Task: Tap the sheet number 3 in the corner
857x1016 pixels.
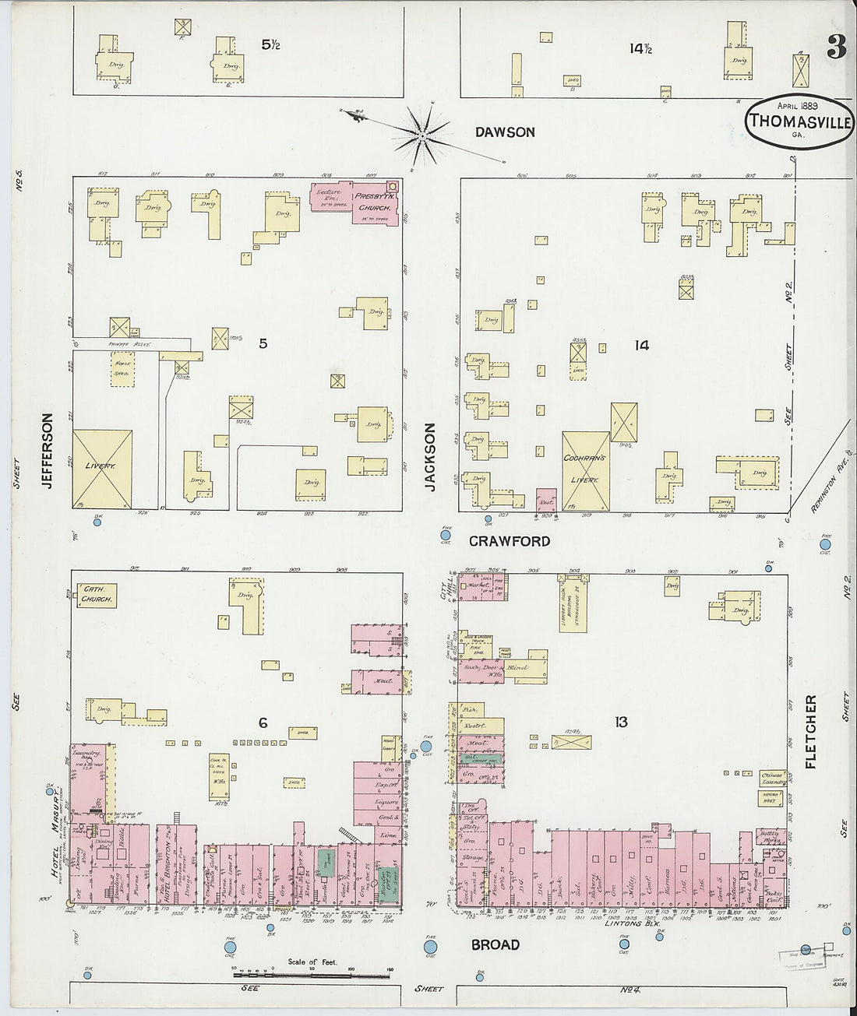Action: coord(836,48)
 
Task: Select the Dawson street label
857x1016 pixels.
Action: coord(505,132)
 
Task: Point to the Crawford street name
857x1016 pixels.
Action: coord(510,541)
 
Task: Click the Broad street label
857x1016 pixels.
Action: coord(495,944)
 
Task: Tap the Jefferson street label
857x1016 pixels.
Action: coord(47,451)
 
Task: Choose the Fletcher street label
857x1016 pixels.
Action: coord(809,732)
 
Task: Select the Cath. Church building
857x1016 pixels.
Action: coord(97,596)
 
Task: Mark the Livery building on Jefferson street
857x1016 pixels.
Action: coord(101,467)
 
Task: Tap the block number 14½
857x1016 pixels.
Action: coord(640,48)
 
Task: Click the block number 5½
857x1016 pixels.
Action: coord(270,45)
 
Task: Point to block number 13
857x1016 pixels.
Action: coord(620,722)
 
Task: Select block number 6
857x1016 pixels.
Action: coord(263,723)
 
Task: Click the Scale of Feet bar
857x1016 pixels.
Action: coord(312,974)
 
